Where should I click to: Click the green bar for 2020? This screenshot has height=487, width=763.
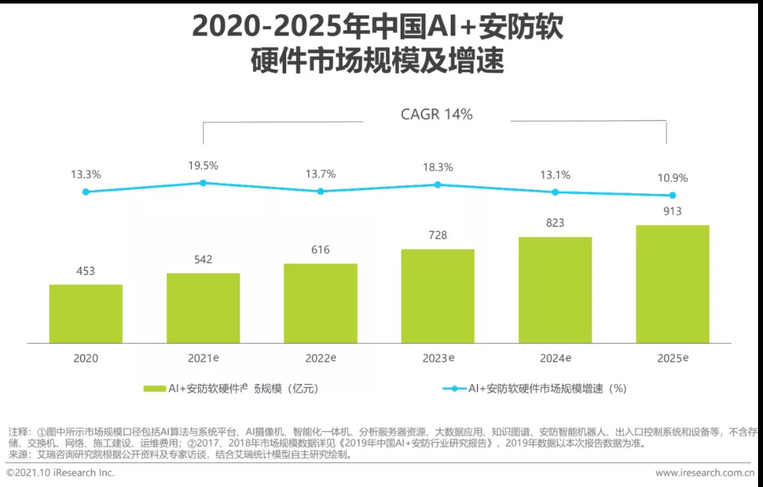pyautogui.click(x=85, y=313)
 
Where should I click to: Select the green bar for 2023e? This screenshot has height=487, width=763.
pyautogui.click(x=437, y=296)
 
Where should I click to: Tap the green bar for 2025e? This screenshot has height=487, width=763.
pyautogui.click(x=672, y=284)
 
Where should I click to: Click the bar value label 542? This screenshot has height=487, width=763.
pyautogui.click(x=203, y=260)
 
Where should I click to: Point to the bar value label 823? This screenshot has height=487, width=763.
pyautogui.click(x=555, y=223)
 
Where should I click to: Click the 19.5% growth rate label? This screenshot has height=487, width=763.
pyautogui.click(x=203, y=166)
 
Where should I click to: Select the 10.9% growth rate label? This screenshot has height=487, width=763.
pyautogui.click(x=672, y=178)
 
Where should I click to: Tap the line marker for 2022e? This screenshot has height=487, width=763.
pyautogui.click(x=321, y=191)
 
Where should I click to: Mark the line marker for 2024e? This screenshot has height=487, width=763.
pyautogui.click(x=555, y=192)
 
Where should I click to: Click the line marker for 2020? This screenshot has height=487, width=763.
pyautogui.click(x=85, y=191)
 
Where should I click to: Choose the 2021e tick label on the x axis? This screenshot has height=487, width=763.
pyautogui.click(x=203, y=358)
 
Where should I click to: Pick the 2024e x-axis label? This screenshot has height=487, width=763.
pyautogui.click(x=555, y=358)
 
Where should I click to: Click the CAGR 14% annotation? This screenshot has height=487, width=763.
pyautogui.click(x=437, y=114)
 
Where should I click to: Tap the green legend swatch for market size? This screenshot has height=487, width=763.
pyautogui.click(x=154, y=388)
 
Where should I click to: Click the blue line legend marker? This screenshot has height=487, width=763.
pyautogui.click(x=454, y=388)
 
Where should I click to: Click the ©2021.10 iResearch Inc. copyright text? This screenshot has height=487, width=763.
pyautogui.click(x=60, y=472)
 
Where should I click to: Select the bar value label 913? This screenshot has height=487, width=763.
pyautogui.click(x=672, y=211)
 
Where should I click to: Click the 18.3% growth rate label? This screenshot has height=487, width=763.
pyautogui.click(x=437, y=167)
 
